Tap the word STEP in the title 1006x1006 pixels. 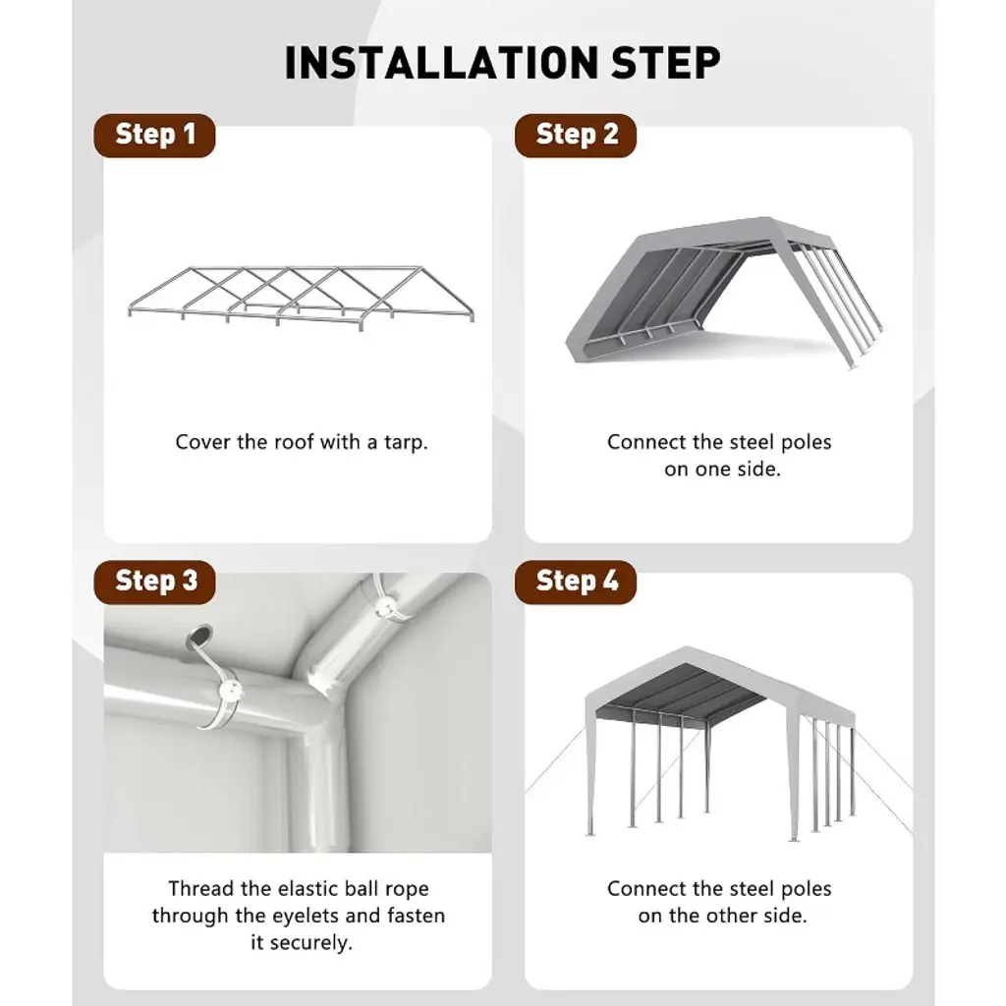(x=666, y=63)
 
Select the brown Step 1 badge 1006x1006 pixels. (x=154, y=136)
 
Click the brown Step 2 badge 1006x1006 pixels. (x=576, y=136)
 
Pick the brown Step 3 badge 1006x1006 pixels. (x=154, y=582)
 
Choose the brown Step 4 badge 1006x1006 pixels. (x=576, y=582)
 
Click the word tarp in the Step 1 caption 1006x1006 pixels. (x=406, y=443)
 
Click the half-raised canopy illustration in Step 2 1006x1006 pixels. (x=724, y=292)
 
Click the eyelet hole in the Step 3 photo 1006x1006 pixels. (x=199, y=635)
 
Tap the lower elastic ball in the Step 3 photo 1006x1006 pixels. (x=231, y=692)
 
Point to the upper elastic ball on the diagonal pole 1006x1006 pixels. (x=384, y=606)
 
